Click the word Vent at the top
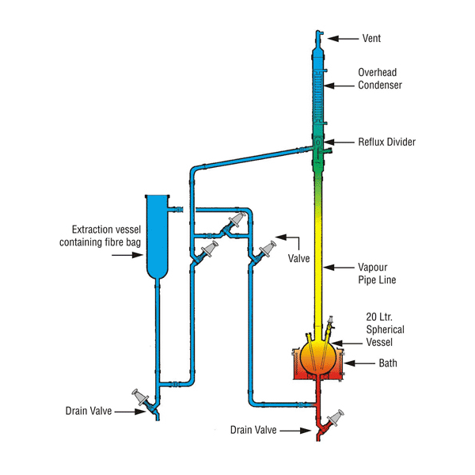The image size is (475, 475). coord(372,37)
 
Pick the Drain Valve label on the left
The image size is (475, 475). coord(89,410)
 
